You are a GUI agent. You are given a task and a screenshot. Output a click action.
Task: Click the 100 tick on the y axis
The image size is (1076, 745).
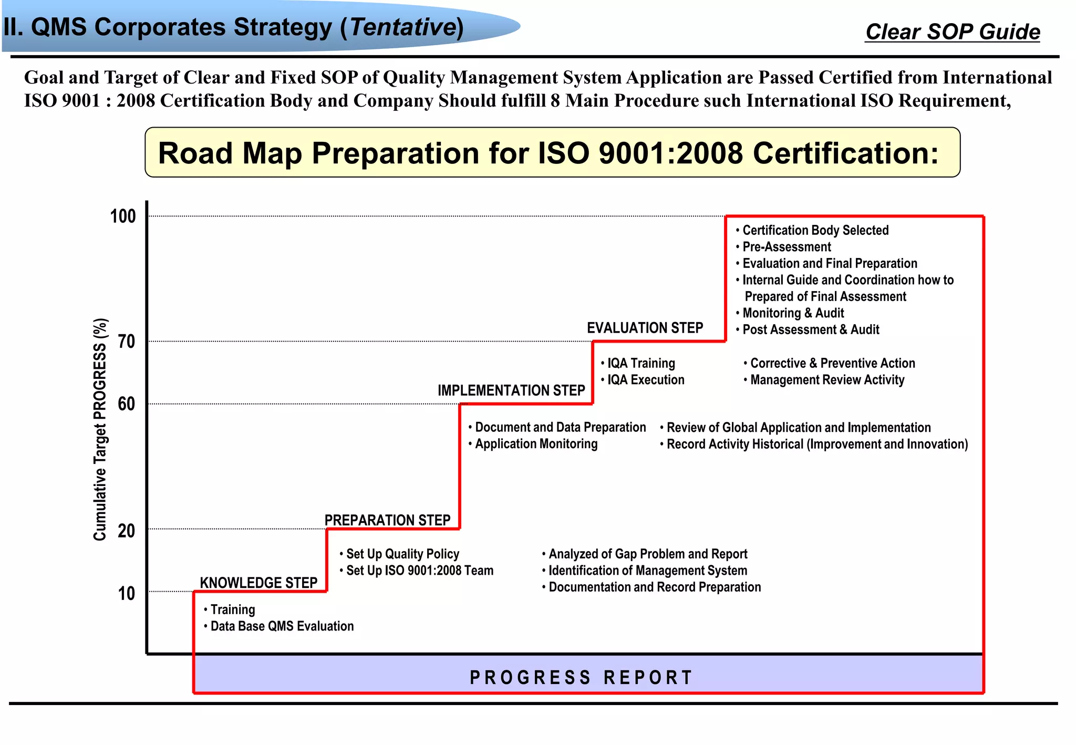[123, 216]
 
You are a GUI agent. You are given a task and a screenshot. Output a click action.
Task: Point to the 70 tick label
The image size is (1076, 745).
[127, 342]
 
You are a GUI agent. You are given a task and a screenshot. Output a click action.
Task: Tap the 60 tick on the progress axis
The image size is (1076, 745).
[127, 404]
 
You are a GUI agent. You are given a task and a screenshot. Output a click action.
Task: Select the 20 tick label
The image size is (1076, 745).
[127, 531]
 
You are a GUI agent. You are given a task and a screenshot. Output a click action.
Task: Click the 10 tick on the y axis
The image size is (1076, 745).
[127, 594]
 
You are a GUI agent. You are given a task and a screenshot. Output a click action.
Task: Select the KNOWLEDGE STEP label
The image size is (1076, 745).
[258, 583]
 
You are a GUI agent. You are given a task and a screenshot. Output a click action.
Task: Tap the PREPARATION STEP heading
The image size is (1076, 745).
[387, 520]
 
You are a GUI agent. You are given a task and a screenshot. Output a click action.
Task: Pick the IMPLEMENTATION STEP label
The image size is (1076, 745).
[511, 390]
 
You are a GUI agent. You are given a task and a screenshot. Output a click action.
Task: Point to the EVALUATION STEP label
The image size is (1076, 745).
[645, 328]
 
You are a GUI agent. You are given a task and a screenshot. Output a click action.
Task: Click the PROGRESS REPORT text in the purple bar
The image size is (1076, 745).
[581, 678]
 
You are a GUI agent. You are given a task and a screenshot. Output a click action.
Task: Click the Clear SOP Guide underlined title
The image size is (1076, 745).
[953, 32]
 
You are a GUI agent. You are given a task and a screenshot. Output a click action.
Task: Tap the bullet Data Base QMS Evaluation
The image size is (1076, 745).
[282, 626]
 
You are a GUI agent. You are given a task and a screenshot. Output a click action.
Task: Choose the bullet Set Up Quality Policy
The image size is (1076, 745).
[402, 554]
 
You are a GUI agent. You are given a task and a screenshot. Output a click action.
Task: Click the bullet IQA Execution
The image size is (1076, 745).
[646, 380]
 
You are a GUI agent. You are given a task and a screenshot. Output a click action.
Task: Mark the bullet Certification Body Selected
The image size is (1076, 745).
[815, 230]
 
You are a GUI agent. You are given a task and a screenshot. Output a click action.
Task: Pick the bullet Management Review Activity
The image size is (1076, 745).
[827, 380]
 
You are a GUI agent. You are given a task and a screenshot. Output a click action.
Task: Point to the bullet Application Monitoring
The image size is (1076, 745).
[536, 444]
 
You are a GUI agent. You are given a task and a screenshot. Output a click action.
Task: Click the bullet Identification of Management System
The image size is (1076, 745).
[647, 571]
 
